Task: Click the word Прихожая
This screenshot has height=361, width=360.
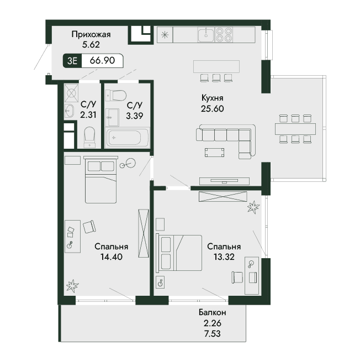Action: [x=91, y=34]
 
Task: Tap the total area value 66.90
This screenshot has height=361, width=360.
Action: [x=102, y=60]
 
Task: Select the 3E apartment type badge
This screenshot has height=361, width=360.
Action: [x=72, y=61]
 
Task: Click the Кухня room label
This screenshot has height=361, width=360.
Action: [x=212, y=98]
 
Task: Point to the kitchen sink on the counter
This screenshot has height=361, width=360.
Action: [x=206, y=35]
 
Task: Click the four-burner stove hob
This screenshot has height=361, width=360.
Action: [x=224, y=35]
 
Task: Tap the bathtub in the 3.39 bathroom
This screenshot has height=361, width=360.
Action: [x=128, y=138]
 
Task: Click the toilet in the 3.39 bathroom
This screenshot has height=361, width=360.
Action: [x=116, y=95]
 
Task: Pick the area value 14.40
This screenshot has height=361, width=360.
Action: [x=112, y=257]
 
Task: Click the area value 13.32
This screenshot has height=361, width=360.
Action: [x=224, y=257]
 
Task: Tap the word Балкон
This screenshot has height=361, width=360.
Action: [x=213, y=312]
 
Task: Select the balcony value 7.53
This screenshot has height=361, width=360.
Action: [x=213, y=333]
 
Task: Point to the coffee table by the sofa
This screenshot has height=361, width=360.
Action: [x=214, y=153]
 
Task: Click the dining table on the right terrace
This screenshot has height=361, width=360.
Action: [x=295, y=129]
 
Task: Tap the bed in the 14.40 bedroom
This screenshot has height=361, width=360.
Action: [x=100, y=180]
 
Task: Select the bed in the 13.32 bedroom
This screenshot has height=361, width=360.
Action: [x=179, y=253]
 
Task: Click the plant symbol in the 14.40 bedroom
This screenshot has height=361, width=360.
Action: [x=72, y=286]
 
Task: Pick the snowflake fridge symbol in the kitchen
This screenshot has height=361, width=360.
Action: [x=165, y=35]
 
